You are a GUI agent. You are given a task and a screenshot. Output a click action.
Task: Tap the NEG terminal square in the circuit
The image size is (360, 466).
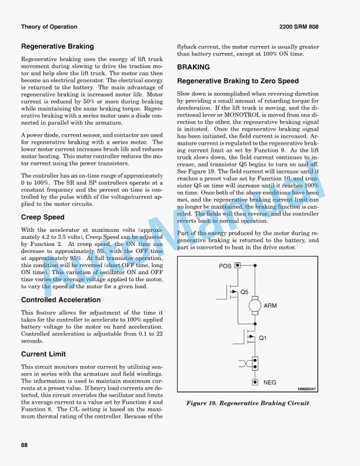255,382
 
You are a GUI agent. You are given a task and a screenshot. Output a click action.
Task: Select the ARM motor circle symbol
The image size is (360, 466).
255,305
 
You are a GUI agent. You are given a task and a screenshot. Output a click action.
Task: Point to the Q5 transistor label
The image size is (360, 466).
244,292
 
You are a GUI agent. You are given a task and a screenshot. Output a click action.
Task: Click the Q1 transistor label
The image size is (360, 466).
263,338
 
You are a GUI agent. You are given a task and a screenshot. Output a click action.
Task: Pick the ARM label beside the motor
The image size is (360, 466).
271,305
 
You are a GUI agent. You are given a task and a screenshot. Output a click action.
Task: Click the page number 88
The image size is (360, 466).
25,444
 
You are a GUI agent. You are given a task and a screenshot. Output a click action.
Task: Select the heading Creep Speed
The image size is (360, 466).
42,217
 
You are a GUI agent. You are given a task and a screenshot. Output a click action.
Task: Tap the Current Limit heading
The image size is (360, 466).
43,354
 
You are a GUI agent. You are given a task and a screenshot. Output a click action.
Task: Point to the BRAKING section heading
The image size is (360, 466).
194,67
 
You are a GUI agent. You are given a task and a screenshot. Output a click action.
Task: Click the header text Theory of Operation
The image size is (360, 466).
49,26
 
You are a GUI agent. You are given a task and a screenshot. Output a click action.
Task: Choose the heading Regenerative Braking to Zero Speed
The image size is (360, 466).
238,81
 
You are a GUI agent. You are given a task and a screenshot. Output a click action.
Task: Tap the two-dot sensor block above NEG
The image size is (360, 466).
255,361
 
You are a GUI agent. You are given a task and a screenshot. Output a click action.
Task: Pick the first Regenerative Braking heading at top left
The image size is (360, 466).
57,46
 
